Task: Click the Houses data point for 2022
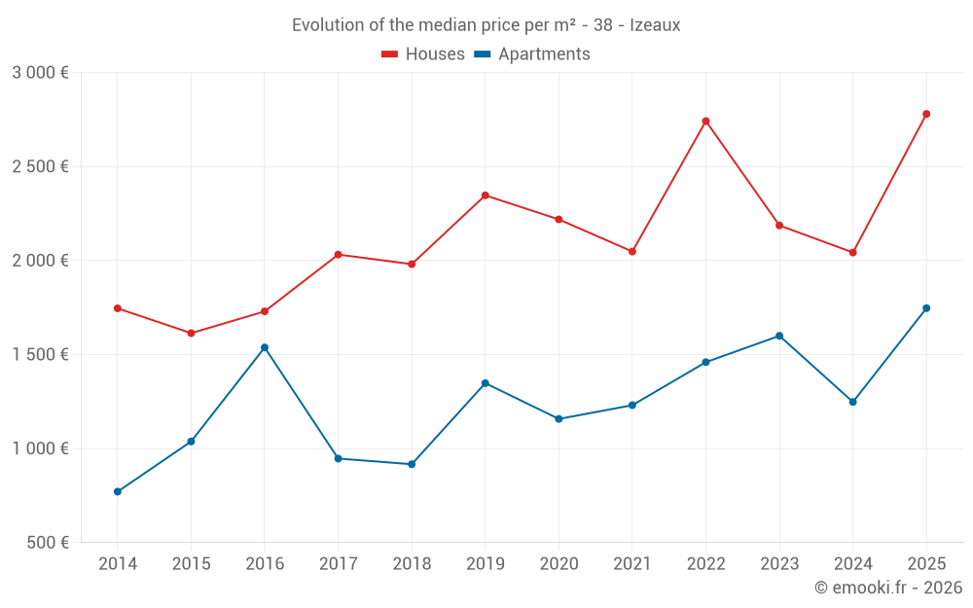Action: pos(705,121)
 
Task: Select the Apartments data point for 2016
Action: pos(265,347)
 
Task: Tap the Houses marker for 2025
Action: pos(926,114)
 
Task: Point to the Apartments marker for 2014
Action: pos(118,491)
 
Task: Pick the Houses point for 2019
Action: pos(486,196)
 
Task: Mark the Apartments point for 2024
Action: pos(853,402)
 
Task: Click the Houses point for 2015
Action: pos(191,333)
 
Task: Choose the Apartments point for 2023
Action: pos(779,336)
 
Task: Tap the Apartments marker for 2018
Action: pos(412,464)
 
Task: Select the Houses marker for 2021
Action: pos(632,251)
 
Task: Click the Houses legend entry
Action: pos(423,54)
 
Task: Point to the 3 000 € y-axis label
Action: pos(40,72)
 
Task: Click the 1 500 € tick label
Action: pos(40,354)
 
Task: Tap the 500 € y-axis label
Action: pos(47,543)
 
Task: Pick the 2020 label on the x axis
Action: pos(559,563)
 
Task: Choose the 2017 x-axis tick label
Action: pos(338,563)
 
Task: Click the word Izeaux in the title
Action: pos(655,25)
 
